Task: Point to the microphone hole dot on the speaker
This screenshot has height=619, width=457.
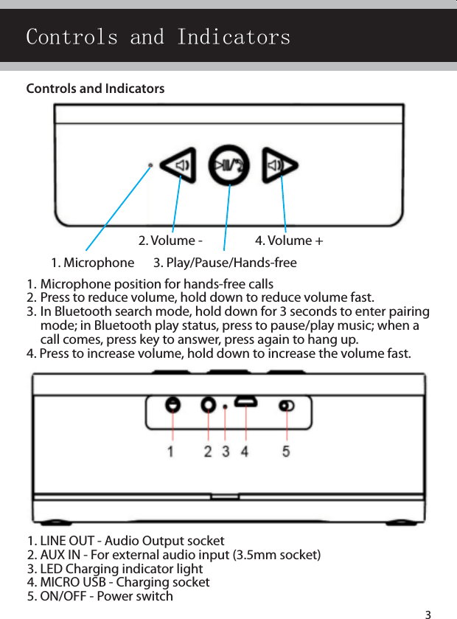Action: [x=150, y=165]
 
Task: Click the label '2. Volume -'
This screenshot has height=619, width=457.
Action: [x=170, y=241]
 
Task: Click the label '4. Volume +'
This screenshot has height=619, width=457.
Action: [x=289, y=241]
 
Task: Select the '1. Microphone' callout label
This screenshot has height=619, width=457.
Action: [x=93, y=263]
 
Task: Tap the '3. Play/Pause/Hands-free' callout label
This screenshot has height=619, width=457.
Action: [x=225, y=263]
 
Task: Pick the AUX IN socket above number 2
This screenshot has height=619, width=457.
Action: [x=208, y=404]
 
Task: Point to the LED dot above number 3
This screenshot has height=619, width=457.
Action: [x=225, y=407]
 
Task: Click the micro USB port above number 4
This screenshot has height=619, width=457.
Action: [x=245, y=403]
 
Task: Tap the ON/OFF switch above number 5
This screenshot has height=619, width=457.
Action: [x=286, y=405]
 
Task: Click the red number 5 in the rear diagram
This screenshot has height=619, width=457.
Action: [x=286, y=450]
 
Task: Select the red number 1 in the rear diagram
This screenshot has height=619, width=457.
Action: [x=171, y=450]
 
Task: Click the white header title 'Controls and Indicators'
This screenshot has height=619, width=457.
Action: [x=158, y=37]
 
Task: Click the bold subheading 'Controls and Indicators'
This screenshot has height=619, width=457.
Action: [x=96, y=89]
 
